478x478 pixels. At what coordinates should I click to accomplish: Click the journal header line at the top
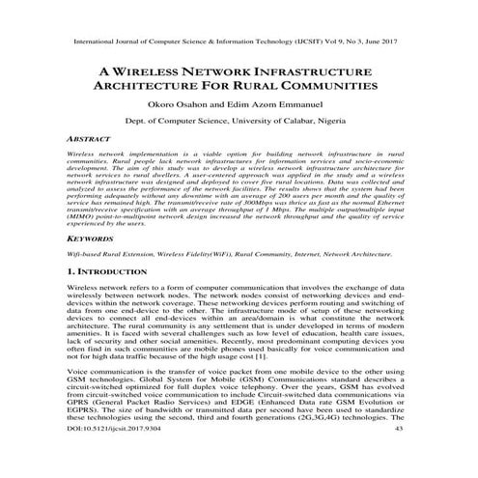(239, 43)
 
